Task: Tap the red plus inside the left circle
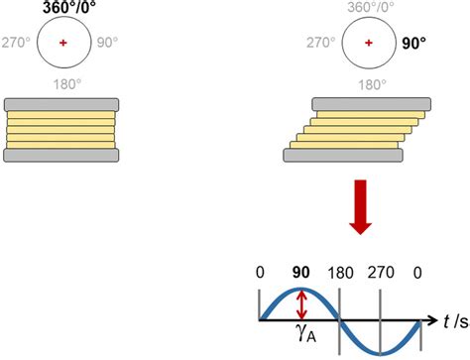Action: (x=63, y=44)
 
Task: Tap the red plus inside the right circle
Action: (x=369, y=44)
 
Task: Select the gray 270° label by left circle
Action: (x=20, y=44)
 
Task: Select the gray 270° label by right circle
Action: (x=323, y=44)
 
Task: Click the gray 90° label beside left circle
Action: (x=107, y=44)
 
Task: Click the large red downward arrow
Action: (x=363, y=207)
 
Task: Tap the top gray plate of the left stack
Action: (x=63, y=104)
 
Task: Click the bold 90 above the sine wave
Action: (x=299, y=272)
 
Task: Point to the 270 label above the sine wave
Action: (x=382, y=272)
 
